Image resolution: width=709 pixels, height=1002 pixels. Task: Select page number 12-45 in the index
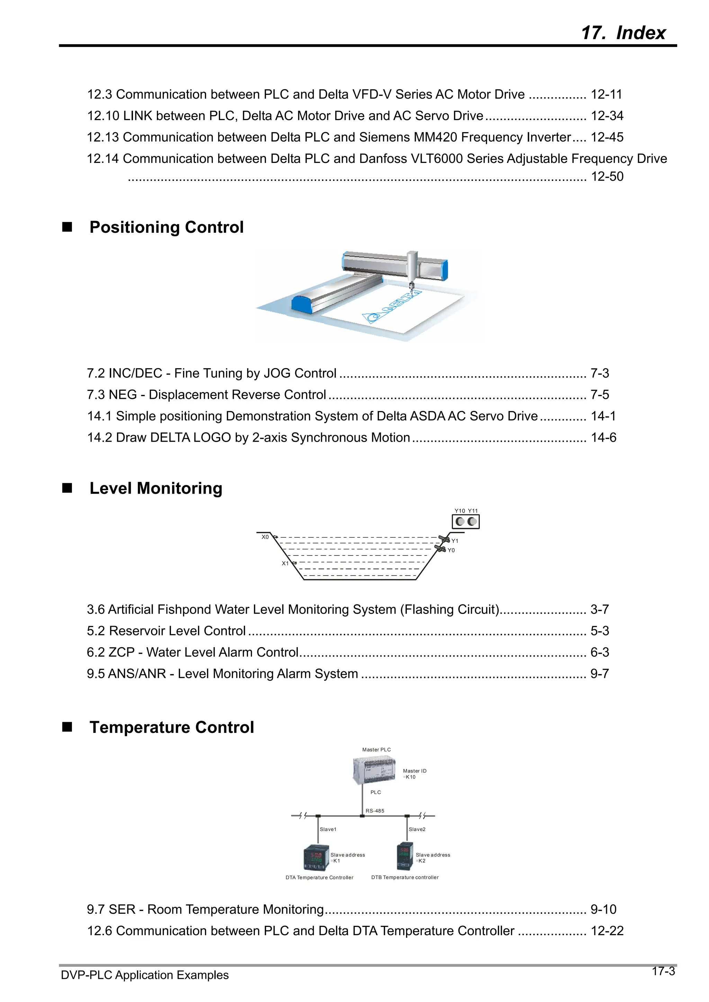pyautogui.click(x=607, y=137)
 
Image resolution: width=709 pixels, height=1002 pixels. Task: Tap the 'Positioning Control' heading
pyautogui.click(x=167, y=227)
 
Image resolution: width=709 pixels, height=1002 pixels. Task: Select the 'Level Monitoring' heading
pyautogui.click(x=156, y=488)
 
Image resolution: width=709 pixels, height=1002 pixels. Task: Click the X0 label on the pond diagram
pyautogui.click(x=265, y=537)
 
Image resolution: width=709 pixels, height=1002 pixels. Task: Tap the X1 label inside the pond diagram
pyautogui.click(x=285, y=563)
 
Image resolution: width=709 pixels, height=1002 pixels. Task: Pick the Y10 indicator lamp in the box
pyautogui.click(x=460, y=522)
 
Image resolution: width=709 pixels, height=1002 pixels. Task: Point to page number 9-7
pyautogui.click(x=599, y=673)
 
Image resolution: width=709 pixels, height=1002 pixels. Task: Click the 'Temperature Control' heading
pyautogui.click(x=172, y=727)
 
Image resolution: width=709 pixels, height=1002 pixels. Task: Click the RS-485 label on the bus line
pyautogui.click(x=375, y=811)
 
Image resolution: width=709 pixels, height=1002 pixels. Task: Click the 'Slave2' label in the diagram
pyautogui.click(x=417, y=829)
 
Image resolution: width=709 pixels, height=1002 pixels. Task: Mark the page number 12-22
pyautogui.click(x=607, y=931)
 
